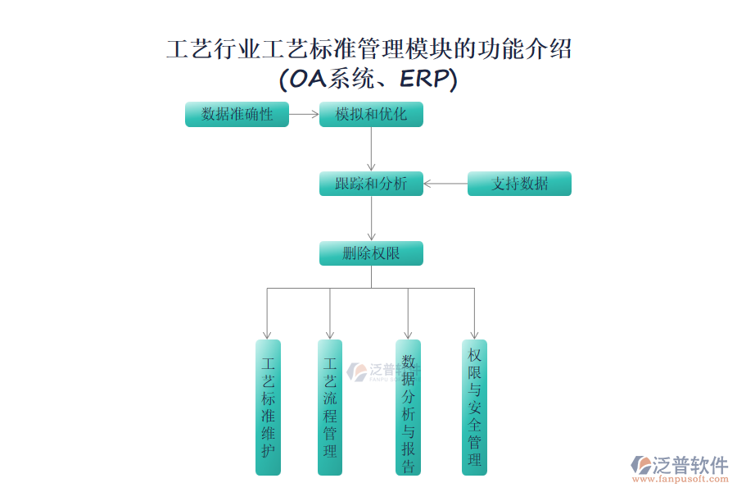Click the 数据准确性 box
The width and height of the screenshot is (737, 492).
237,115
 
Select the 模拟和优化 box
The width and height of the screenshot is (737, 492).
371,115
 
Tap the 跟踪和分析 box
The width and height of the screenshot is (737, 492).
371,184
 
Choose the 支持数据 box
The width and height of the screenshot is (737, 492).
519,184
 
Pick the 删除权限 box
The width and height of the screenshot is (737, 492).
371,253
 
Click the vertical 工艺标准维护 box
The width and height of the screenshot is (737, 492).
268,407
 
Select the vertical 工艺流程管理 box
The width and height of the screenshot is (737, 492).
330,407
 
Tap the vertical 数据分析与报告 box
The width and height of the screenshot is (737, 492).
409,407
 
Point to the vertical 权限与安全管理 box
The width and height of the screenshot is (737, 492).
474,407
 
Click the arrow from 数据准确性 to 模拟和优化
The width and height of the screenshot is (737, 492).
304,115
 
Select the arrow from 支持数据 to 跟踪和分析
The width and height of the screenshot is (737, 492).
445,184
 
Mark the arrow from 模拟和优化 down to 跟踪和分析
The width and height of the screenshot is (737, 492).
371,149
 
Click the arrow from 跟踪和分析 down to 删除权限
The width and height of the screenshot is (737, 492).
371,218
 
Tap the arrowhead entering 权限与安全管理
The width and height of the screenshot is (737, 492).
474,335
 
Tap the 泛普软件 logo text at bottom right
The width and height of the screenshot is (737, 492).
690,465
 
